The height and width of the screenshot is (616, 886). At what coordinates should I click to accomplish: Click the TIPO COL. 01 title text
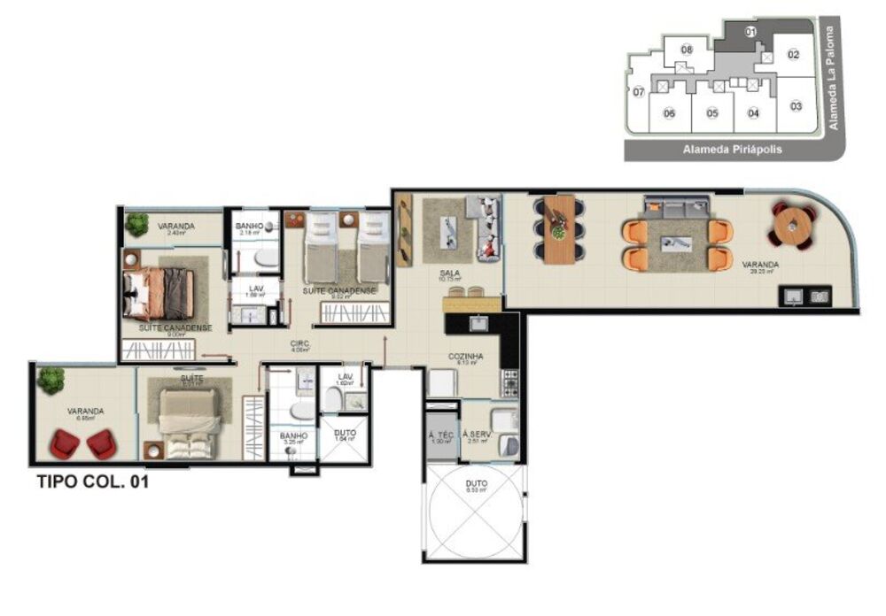click(92, 483)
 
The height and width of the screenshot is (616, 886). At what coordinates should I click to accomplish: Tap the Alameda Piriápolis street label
click(732, 150)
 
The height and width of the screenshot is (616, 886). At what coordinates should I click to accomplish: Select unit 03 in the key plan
click(796, 106)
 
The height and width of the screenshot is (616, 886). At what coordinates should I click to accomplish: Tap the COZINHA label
click(465, 356)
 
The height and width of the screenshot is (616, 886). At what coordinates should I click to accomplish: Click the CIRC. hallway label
click(299, 343)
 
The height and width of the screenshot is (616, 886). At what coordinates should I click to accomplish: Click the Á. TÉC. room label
click(439, 435)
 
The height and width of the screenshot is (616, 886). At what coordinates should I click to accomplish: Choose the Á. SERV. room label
click(476, 435)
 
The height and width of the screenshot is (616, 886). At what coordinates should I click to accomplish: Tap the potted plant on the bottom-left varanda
click(51, 381)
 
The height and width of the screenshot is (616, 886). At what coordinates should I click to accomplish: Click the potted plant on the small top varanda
click(136, 224)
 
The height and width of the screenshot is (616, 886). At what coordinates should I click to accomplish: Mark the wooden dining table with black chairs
click(558, 229)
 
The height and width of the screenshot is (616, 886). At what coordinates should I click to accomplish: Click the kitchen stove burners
click(512, 382)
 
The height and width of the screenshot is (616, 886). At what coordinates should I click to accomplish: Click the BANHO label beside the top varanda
click(248, 227)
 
